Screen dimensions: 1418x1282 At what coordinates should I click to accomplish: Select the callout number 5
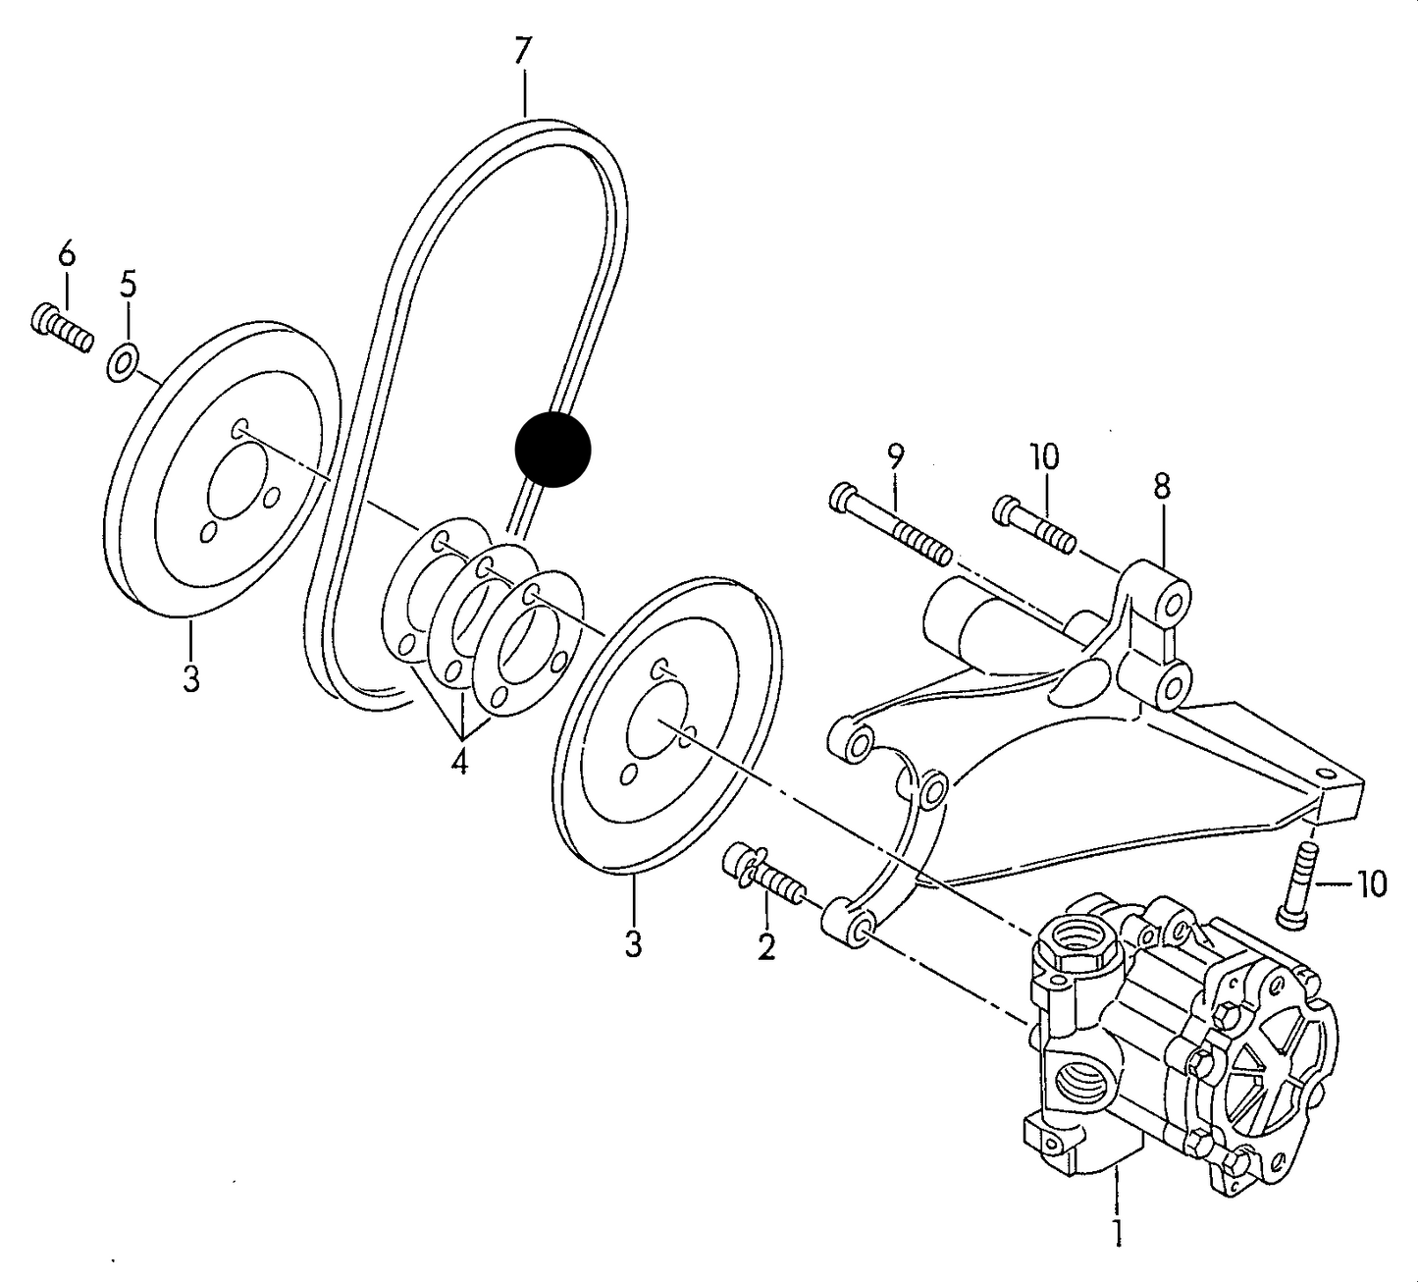click(x=128, y=286)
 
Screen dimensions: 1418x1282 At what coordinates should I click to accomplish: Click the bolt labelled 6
click(x=62, y=328)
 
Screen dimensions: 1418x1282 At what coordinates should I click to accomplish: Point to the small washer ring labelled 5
click(x=123, y=363)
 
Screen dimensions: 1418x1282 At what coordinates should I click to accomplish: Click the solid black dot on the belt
click(x=552, y=450)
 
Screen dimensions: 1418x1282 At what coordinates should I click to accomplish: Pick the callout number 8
click(x=1162, y=487)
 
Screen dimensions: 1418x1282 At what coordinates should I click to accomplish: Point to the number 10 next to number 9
click(x=1045, y=457)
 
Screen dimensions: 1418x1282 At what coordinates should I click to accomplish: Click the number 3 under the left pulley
click(x=190, y=679)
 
